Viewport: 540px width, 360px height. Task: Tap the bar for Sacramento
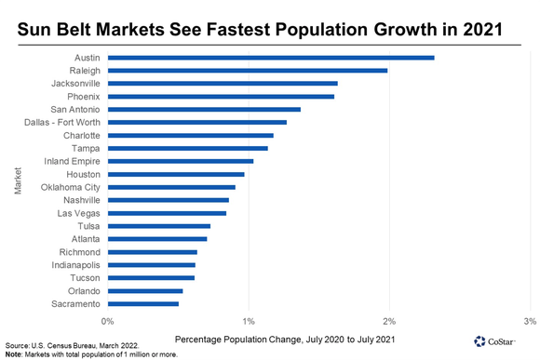pos(143,303)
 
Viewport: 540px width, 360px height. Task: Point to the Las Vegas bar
pos(168,213)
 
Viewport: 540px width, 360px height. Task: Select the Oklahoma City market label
pos(71,187)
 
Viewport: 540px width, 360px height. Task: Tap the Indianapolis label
pos(74,264)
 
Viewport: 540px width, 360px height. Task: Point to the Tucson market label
pos(85,277)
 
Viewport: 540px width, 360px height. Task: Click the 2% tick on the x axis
pos(390,321)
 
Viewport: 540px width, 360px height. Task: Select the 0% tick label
pos(108,321)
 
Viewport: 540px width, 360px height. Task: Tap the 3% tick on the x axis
pos(529,321)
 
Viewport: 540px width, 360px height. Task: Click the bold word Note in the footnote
pos(13,354)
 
